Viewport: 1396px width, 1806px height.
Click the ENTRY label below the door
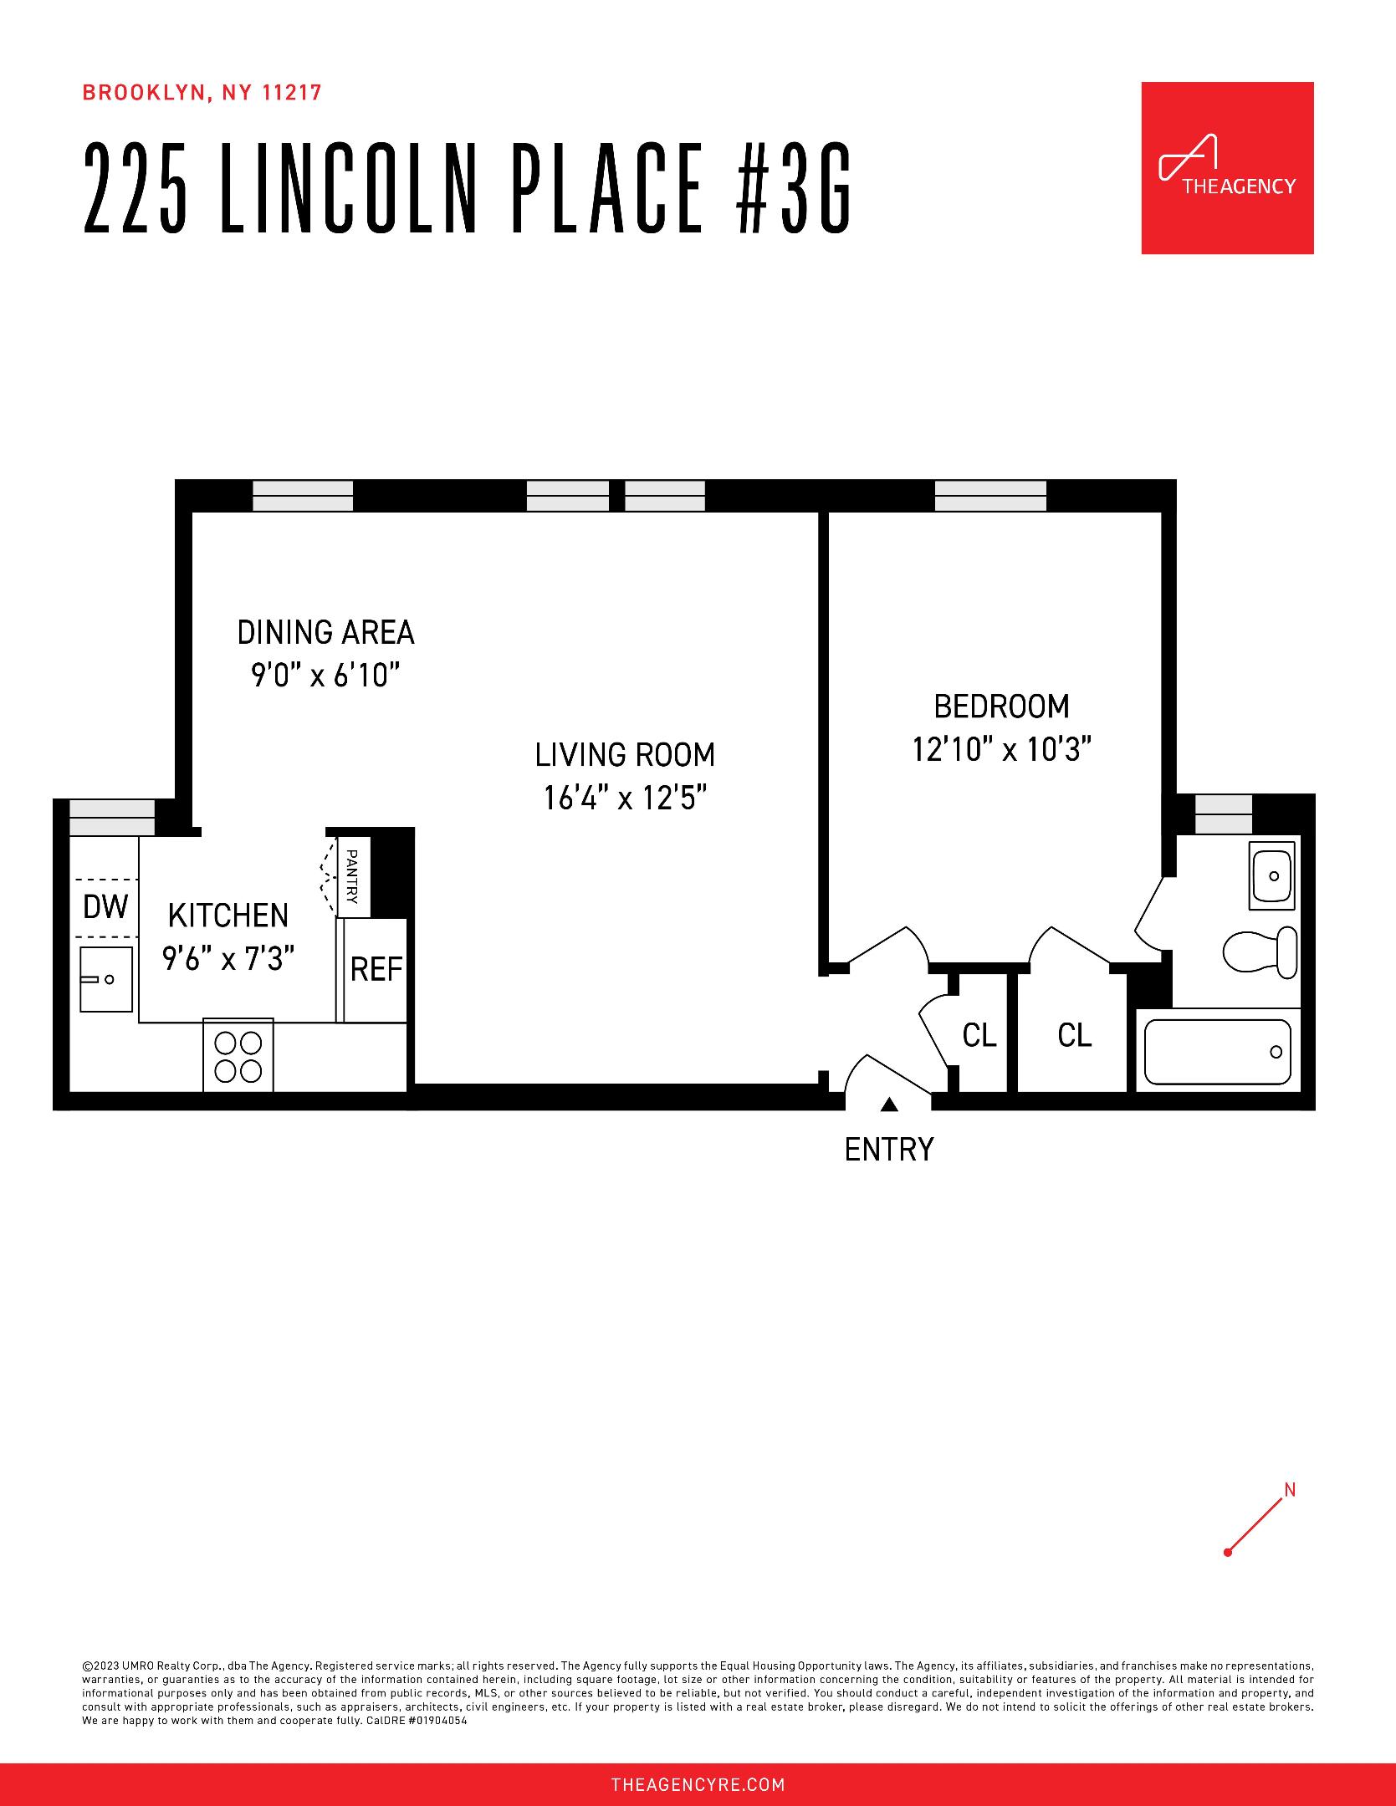(888, 1150)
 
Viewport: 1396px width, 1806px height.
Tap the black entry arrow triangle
(889, 1105)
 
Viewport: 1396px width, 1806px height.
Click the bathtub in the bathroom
(1217, 1052)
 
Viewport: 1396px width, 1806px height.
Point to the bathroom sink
(1271, 875)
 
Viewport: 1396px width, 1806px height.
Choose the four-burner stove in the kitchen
(238, 1056)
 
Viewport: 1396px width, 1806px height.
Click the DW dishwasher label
(105, 906)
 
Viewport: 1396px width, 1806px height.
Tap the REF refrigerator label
(376, 970)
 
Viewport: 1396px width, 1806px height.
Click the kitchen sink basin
(105, 978)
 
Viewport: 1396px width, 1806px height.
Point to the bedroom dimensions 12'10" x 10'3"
(1001, 749)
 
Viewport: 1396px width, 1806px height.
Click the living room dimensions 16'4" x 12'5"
(625, 798)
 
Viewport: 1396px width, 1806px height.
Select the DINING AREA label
(325, 632)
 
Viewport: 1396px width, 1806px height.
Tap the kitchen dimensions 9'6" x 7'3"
(228, 958)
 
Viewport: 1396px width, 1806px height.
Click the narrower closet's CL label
(979, 1035)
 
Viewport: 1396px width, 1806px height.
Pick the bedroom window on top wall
(990, 496)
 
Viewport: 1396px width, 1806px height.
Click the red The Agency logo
(1227, 168)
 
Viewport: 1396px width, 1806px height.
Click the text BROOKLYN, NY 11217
(202, 93)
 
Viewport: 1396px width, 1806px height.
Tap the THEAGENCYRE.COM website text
(698, 1785)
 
